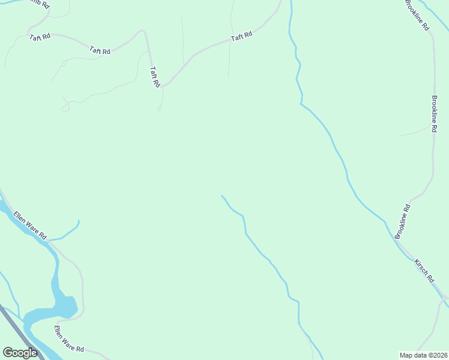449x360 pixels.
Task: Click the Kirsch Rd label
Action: coord(424,271)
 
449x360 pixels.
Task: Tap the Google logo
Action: coord(20,353)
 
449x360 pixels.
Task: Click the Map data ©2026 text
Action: coord(423,355)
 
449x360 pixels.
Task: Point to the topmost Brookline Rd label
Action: coord(417,16)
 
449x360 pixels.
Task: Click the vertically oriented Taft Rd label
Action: coord(154,77)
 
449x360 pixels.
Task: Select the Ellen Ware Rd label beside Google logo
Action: coord(69,340)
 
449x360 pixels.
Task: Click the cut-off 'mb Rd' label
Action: coord(37,4)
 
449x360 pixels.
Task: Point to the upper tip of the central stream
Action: coord(222,196)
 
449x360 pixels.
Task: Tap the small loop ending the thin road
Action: coord(65,107)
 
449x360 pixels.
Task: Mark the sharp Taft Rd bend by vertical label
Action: coord(143,31)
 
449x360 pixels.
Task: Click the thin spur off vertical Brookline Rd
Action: coord(414,131)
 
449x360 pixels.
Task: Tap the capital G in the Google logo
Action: coord(8,352)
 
